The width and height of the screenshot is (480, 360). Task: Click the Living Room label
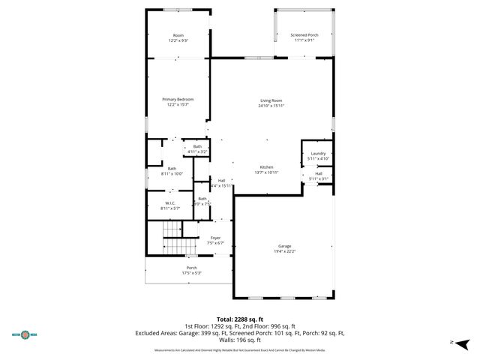pos(271,100)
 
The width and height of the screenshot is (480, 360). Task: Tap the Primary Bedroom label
pos(178,100)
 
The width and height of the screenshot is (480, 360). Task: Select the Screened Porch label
pos(304,34)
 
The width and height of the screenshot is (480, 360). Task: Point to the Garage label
pos(284,246)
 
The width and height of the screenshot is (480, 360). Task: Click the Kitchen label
pos(266,166)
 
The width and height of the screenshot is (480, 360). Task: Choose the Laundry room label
pos(318,154)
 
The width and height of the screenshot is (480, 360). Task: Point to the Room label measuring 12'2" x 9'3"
pos(178,35)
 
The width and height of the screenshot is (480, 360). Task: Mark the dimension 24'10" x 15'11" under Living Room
pos(271,106)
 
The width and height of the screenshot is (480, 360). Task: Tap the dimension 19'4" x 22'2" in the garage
pos(284,251)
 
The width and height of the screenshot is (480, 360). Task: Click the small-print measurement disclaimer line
pos(239,350)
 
